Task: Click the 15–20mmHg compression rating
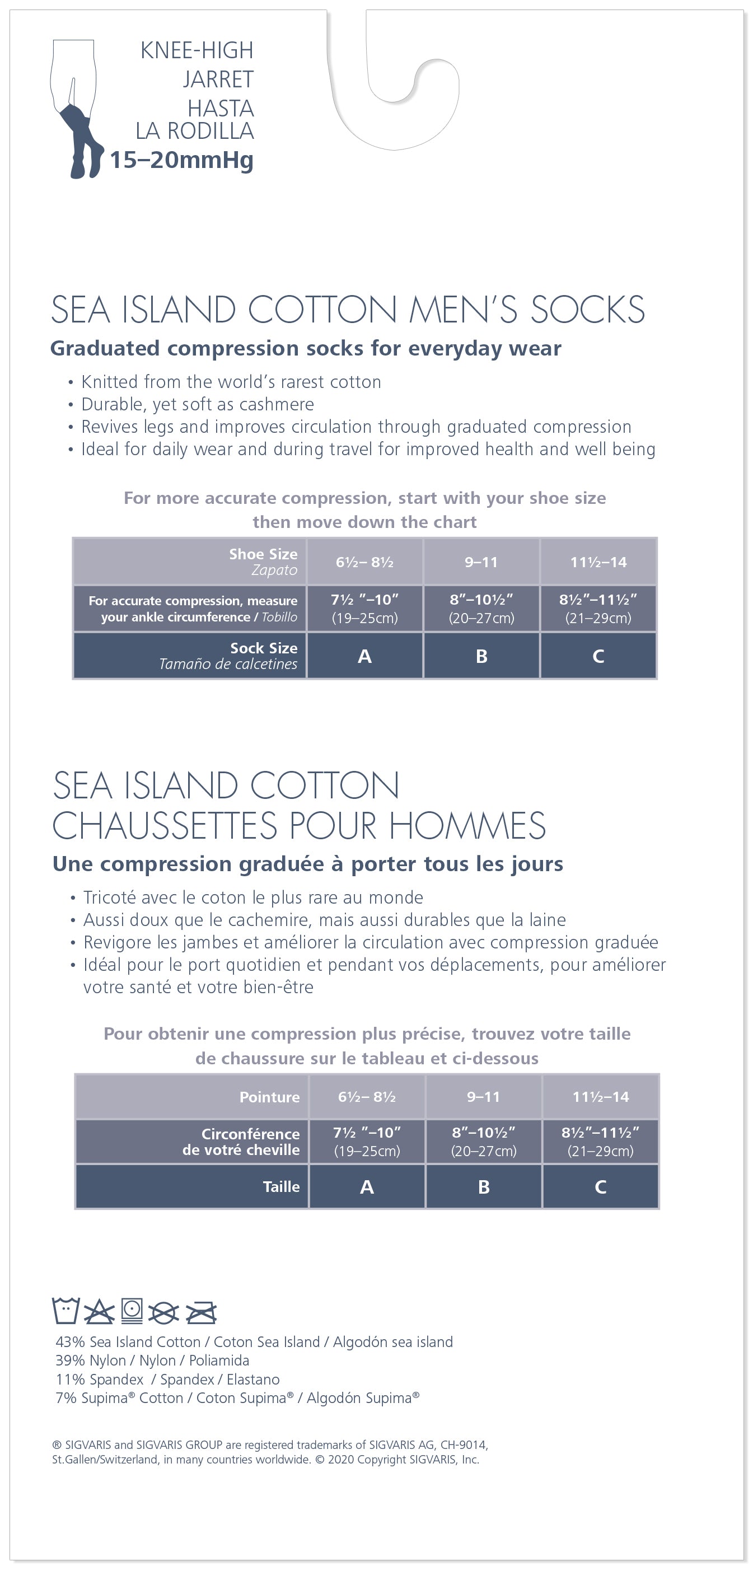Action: (x=181, y=160)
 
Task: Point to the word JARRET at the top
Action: (x=218, y=80)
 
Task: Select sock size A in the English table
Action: (x=364, y=656)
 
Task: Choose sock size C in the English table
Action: (x=598, y=656)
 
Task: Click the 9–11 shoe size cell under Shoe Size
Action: (x=481, y=562)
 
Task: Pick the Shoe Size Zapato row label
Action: (x=263, y=562)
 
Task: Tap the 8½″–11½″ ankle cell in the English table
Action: (x=598, y=608)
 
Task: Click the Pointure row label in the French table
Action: (x=269, y=1097)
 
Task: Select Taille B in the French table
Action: (x=484, y=1187)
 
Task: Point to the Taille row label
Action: (x=281, y=1187)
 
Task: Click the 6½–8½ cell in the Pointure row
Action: (x=367, y=1097)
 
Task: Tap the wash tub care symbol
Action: (x=66, y=1311)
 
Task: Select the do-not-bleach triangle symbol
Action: (x=99, y=1312)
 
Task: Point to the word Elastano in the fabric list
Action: (x=253, y=1380)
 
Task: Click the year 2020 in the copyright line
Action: (x=341, y=1460)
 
